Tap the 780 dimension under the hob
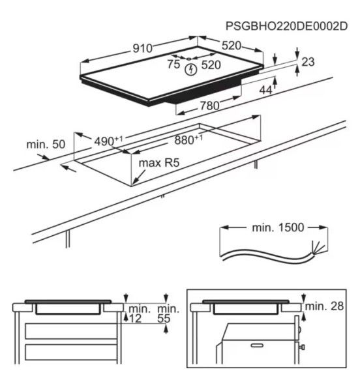click(x=209, y=105)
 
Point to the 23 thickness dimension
click(x=308, y=62)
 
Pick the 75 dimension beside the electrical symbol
click(x=173, y=64)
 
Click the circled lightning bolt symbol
click(x=191, y=69)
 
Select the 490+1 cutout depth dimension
click(x=108, y=141)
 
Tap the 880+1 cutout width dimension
click(x=188, y=140)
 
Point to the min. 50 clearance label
click(x=46, y=144)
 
